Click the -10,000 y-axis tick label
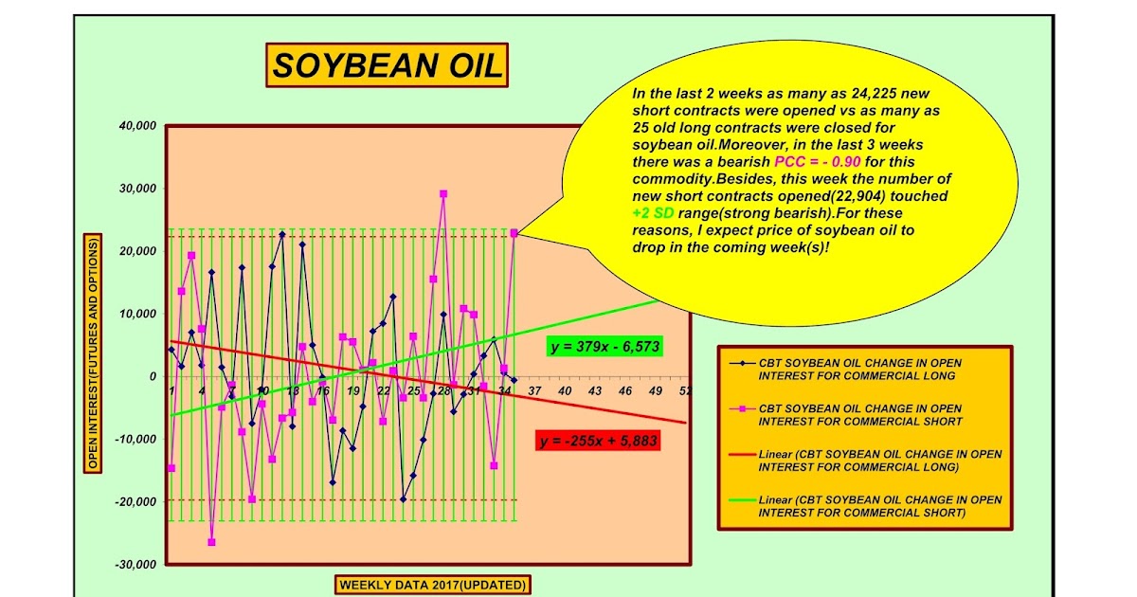134,439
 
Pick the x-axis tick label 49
655,390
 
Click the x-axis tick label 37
533,390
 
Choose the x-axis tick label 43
594,390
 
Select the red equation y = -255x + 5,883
597,441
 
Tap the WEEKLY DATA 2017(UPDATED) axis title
433,585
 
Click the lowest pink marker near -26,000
212,542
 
